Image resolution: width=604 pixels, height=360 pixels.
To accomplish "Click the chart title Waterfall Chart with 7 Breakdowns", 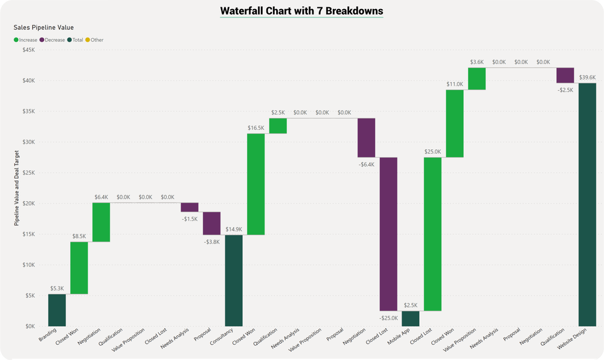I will pyautogui.click(x=301, y=11).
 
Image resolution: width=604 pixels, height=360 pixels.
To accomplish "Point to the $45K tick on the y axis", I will pyautogui.click(x=28, y=50).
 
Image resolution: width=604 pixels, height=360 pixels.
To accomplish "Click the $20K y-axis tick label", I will pyautogui.click(x=28, y=204).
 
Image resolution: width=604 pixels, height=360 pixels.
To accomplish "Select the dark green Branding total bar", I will pyautogui.click(x=57, y=310).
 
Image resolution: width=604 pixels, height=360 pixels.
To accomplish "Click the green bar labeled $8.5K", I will pyautogui.click(x=79, y=268).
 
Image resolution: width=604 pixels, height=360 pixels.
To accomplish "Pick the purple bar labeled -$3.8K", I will pyautogui.click(x=211, y=223).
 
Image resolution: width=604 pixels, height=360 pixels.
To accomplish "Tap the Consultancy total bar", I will pyautogui.click(x=234, y=280).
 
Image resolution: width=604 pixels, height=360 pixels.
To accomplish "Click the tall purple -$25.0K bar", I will pyautogui.click(x=388, y=234).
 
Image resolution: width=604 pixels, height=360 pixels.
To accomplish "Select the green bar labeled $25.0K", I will pyautogui.click(x=432, y=234).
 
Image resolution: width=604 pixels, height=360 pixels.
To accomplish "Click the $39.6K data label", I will pyautogui.click(x=587, y=77).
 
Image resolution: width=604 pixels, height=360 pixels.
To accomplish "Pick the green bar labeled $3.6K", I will pyautogui.click(x=477, y=79).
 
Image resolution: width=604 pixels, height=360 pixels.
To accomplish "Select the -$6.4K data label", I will pyautogui.click(x=366, y=164).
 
